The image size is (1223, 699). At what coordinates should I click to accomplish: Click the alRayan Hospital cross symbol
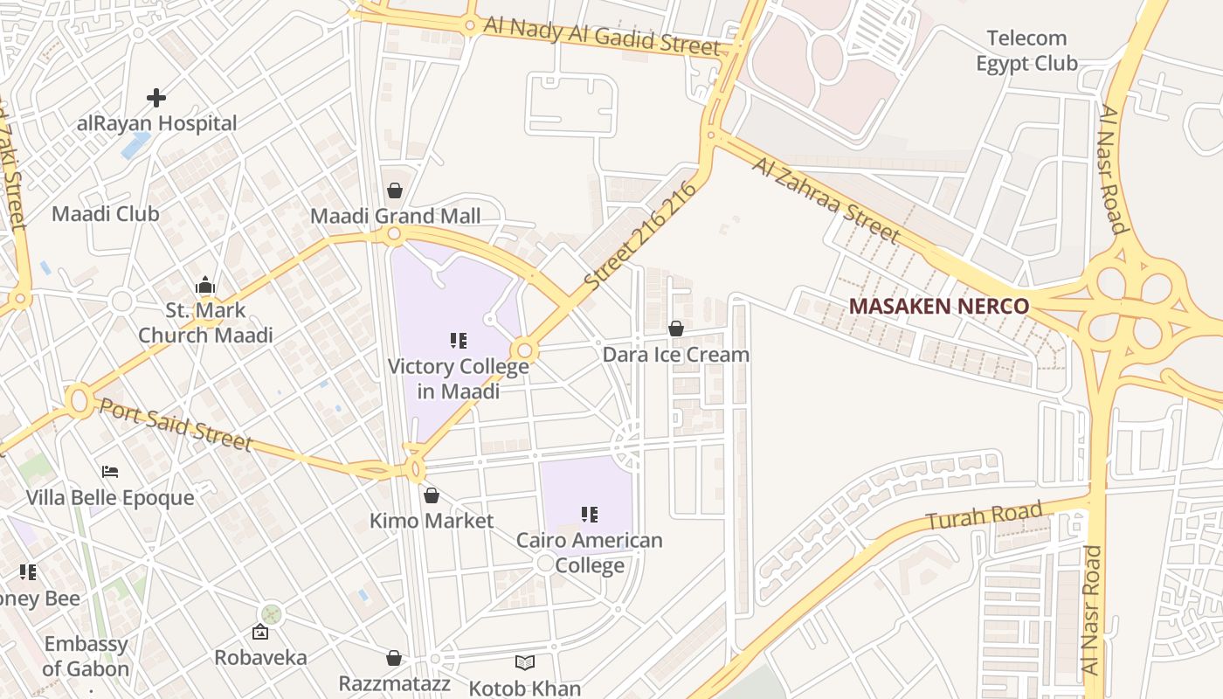pyautogui.click(x=156, y=97)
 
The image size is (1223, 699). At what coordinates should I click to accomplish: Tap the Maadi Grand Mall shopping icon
pyautogui.click(x=395, y=190)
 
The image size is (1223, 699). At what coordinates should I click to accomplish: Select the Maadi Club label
pyautogui.click(x=106, y=214)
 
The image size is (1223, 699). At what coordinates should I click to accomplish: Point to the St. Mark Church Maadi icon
pyautogui.click(x=205, y=286)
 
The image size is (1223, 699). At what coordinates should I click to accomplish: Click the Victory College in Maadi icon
pyautogui.click(x=459, y=341)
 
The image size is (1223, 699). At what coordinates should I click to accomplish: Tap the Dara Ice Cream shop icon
pyautogui.click(x=676, y=329)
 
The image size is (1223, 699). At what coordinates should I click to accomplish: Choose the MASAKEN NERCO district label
pyautogui.click(x=939, y=307)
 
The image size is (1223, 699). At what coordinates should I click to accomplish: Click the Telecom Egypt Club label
pyautogui.click(x=1026, y=51)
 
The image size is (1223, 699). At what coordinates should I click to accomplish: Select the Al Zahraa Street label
pyautogui.click(x=825, y=200)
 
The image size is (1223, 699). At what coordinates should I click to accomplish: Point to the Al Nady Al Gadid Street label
pyautogui.click(x=602, y=36)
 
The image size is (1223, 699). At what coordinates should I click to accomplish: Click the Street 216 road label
pyautogui.click(x=641, y=236)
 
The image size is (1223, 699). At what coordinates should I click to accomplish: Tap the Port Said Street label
pyautogui.click(x=175, y=425)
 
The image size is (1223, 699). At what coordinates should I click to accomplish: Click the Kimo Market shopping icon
pyautogui.click(x=432, y=496)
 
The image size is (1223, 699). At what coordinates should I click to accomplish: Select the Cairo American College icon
pyautogui.click(x=590, y=515)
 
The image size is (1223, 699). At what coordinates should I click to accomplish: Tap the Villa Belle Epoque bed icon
pyautogui.click(x=110, y=472)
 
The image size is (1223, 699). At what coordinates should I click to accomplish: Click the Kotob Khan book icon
pyautogui.click(x=524, y=663)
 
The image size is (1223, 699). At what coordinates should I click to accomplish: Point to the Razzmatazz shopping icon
pyautogui.click(x=394, y=658)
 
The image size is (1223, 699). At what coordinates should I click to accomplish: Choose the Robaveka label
pyautogui.click(x=260, y=658)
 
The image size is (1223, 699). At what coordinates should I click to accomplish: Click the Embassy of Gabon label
pyautogui.click(x=86, y=657)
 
